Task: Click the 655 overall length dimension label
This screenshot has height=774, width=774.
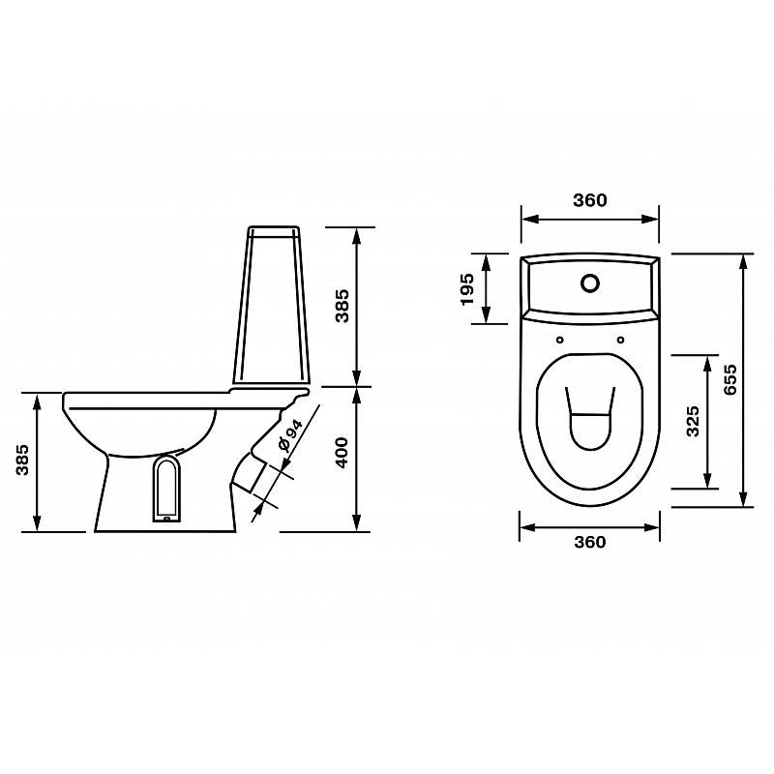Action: (x=730, y=379)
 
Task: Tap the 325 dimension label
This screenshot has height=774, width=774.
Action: (x=694, y=421)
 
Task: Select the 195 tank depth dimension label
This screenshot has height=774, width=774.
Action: (x=467, y=289)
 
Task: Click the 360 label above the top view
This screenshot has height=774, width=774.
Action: (x=590, y=200)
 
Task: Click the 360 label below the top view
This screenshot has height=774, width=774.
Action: (x=590, y=542)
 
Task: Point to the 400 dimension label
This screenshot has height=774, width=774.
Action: (x=342, y=453)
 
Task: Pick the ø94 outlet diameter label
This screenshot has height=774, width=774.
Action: (x=290, y=436)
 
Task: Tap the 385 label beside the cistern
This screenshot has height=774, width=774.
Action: (x=342, y=306)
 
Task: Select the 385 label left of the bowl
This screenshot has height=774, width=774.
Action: (x=22, y=461)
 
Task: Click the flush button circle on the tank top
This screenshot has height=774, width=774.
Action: (x=590, y=283)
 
